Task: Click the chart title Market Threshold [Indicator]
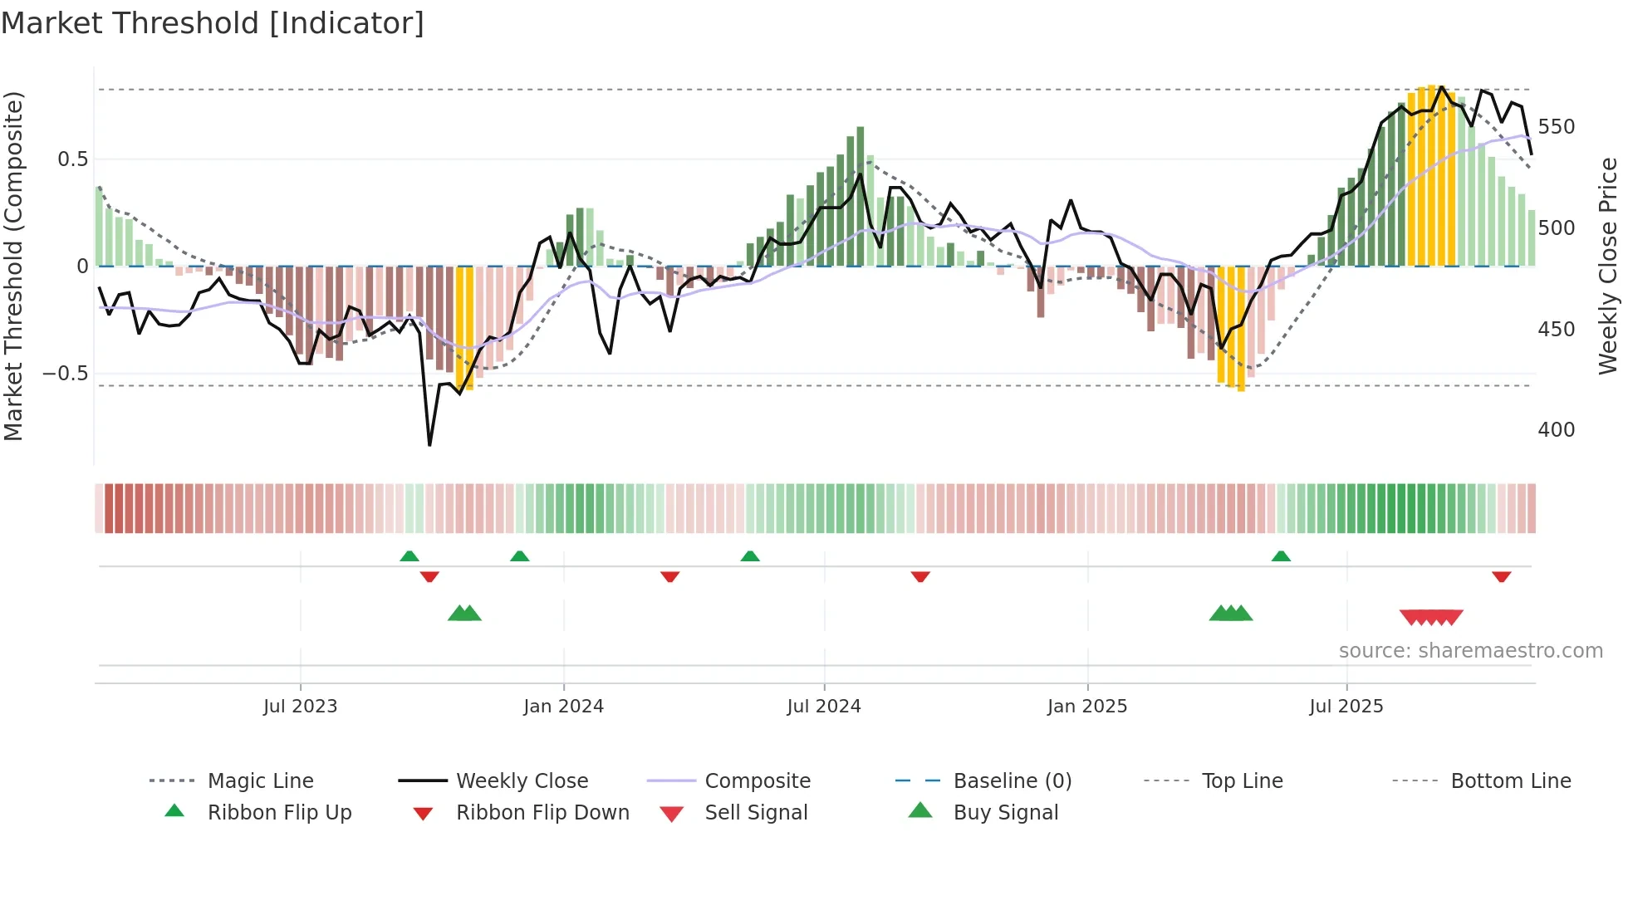coord(213,23)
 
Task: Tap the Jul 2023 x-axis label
coord(300,707)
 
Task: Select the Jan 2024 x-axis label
coord(563,707)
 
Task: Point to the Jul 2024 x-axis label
coord(823,707)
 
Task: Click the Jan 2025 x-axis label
coord(1086,707)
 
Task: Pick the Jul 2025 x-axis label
coord(1346,707)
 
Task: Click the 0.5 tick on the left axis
coord(72,159)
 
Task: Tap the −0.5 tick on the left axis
coord(66,374)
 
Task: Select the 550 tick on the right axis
coord(1556,127)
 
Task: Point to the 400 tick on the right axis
coord(1556,430)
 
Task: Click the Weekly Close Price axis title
coord(1608,266)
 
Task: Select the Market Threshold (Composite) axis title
coord(13,266)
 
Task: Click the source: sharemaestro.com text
coord(1470,651)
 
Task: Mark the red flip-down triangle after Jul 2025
coord(1501,576)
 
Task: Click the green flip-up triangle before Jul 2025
coord(1281,556)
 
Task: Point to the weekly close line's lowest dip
coord(429,445)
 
